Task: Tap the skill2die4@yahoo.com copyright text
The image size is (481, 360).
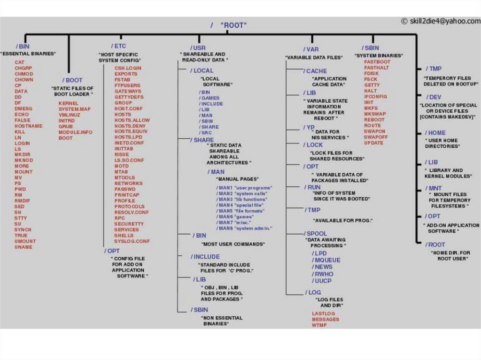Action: (441, 21)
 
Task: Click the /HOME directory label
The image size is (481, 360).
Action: (435, 133)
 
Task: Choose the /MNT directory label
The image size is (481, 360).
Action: (433, 188)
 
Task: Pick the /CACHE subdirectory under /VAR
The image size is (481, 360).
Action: (315, 71)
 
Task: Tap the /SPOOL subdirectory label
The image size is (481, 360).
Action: (316, 233)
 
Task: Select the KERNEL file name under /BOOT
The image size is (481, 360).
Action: (68, 103)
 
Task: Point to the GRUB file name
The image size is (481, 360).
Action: (65, 127)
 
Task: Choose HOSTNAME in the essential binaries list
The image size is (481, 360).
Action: (28, 126)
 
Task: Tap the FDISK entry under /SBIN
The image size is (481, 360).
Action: (371, 74)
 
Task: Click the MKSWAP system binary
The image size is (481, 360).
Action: (374, 114)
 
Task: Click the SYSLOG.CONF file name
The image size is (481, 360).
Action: (132, 241)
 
